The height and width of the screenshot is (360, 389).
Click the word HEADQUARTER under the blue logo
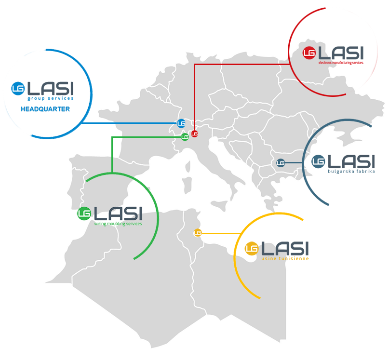45,109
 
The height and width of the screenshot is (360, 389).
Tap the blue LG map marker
181,123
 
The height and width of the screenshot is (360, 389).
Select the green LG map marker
185,137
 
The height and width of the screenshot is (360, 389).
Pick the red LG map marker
194,133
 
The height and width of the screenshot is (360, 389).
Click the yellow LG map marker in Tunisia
197,233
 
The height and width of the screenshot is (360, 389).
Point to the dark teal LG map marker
281,163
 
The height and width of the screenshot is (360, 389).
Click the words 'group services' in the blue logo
54,98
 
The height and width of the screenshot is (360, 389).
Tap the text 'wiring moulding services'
118,224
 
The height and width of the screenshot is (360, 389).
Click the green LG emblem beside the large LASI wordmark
84,213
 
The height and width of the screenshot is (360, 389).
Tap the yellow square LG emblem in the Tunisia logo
251,249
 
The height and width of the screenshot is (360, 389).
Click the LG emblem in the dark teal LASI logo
318,161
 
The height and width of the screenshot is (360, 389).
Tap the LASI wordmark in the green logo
118,213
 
